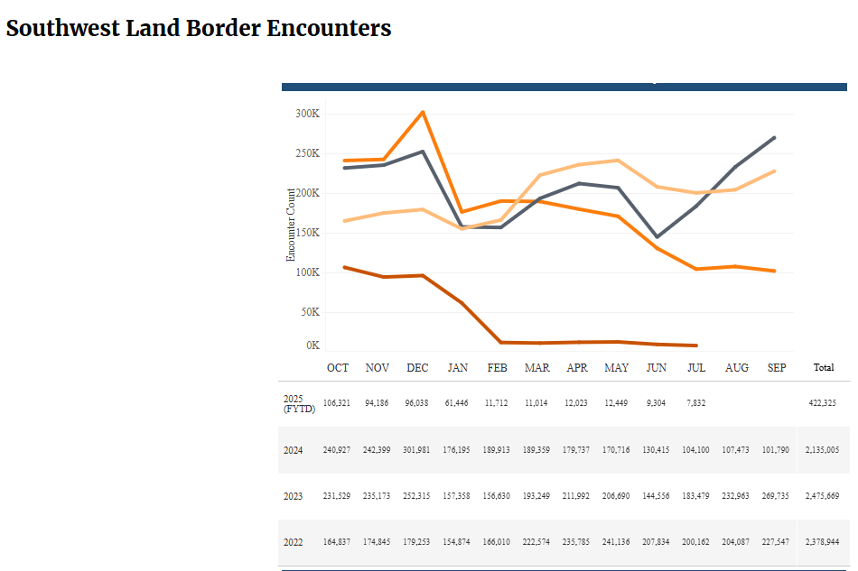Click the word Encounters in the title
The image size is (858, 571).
point(329,28)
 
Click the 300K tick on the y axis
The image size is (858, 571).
point(307,114)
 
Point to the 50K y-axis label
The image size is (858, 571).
point(308,312)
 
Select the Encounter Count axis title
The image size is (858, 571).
point(291,225)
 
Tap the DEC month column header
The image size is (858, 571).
point(417,368)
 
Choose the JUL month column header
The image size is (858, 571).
point(696,368)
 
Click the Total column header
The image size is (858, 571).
point(824,368)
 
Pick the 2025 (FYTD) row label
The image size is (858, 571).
point(296,403)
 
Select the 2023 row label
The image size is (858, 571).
point(293,496)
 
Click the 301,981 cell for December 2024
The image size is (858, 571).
point(417,450)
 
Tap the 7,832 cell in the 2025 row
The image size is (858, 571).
point(696,403)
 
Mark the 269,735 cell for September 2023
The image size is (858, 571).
point(776,496)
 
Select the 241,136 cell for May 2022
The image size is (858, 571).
point(617,542)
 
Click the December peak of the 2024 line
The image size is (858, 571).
point(423,112)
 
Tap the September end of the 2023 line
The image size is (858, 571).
point(775,138)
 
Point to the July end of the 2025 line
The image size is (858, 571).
point(696,345)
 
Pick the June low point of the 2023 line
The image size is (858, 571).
point(657,237)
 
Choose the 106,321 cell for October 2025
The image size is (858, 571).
point(337,403)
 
